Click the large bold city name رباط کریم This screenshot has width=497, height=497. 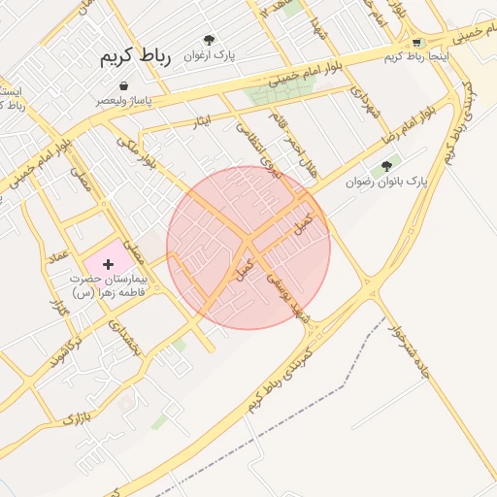135,58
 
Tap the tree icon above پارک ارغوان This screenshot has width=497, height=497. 209,41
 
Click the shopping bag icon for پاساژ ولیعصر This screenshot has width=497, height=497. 123,86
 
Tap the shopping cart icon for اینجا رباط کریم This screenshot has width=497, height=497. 417,43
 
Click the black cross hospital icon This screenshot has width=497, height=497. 108,263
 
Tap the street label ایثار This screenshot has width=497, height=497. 201,120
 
